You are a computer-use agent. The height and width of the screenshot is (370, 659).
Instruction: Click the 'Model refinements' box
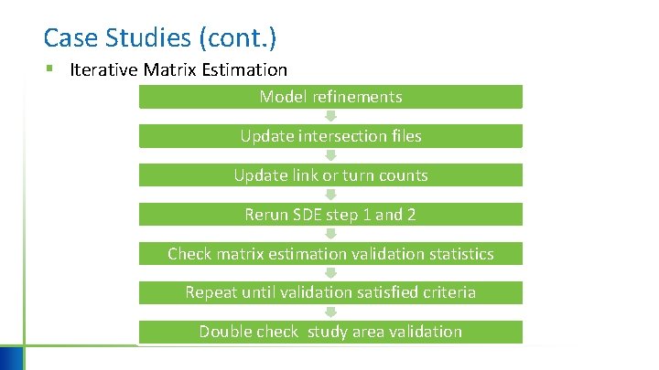pos(330,97)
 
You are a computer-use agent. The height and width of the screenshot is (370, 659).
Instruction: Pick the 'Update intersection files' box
pos(330,136)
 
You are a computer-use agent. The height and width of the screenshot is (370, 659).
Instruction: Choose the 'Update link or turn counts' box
pos(330,175)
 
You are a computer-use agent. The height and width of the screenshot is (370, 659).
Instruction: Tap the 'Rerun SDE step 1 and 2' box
pos(330,215)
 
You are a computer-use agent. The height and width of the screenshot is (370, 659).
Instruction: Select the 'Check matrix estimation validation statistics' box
pos(330,254)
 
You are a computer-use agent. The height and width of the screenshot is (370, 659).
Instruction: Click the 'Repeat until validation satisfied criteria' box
pos(330,293)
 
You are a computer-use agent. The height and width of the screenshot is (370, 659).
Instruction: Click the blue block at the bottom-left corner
pos(12,357)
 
